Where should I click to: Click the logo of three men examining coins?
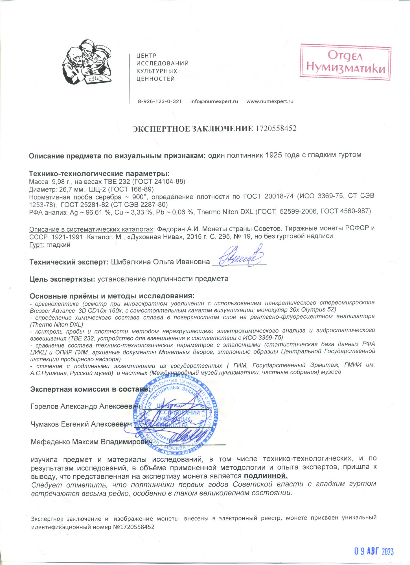tap(87, 62)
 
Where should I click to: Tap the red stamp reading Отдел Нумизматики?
tap(345, 62)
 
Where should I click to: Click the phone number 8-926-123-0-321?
tap(160, 101)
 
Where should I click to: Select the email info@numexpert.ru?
tap(214, 101)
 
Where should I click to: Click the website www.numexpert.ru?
tap(270, 101)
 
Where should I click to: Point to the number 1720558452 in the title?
tap(276, 129)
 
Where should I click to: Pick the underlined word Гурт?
tap(36, 245)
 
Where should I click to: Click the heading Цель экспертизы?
tap(62, 279)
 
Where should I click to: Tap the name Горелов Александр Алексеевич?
tap(85, 406)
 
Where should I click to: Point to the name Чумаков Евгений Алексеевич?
tap(81, 424)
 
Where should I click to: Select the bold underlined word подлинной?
tap(266, 476)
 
